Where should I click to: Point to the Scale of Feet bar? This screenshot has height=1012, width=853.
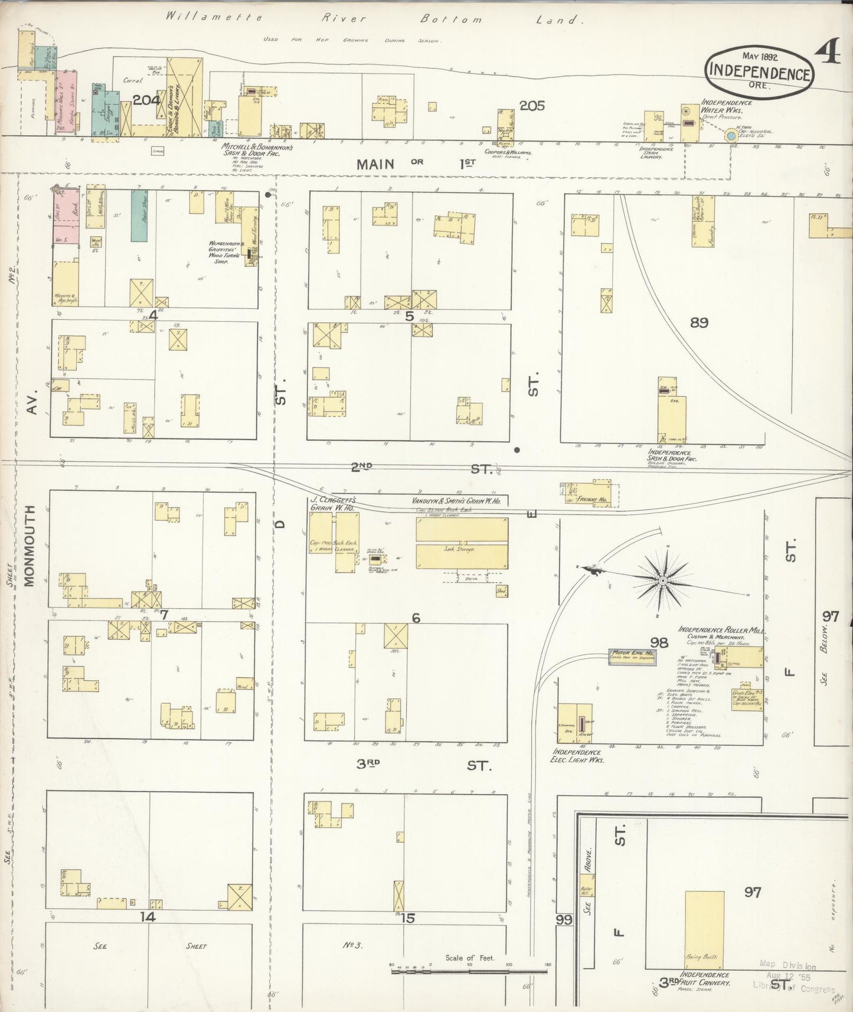pos(469,970)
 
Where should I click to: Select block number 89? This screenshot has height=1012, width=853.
pos(699,322)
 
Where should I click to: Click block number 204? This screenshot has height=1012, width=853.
pos(146,100)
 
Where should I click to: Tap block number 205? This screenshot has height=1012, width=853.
pos(531,106)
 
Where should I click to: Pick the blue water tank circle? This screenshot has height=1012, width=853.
pos(731,136)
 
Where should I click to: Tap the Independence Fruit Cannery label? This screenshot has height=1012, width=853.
pos(704,978)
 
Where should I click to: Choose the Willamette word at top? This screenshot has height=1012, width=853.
pos(214,17)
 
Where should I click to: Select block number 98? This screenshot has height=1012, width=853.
pos(659,642)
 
